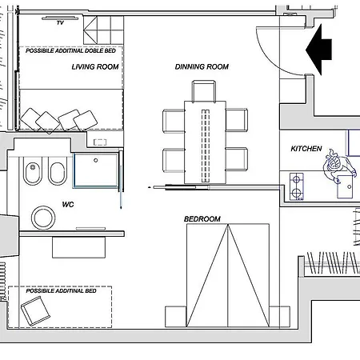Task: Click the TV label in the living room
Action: pyautogui.click(x=60, y=23)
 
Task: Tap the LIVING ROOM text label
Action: pyautogui.click(x=95, y=66)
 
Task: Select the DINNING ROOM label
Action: pyautogui.click(x=202, y=66)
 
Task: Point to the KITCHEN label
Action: pyautogui.click(x=306, y=149)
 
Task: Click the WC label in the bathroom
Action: pyautogui.click(x=68, y=205)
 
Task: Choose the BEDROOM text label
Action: pyautogui.click(x=202, y=219)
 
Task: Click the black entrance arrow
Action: pyautogui.click(x=318, y=50)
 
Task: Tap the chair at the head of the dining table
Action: pyautogui.click(x=204, y=91)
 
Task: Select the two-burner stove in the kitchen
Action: pyautogui.click(x=297, y=186)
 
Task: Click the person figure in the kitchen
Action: pyautogui.click(x=338, y=166)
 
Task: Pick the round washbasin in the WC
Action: pyautogui.click(x=43, y=218)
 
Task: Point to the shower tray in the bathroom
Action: pyautogui.click(x=96, y=170)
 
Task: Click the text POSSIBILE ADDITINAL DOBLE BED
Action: pyautogui.click(x=70, y=50)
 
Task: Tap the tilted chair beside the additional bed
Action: pyautogui.click(x=35, y=311)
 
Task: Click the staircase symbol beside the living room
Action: pyautogui.click(x=103, y=30)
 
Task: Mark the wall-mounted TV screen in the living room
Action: pyautogui.click(x=60, y=18)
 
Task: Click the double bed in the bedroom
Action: pyautogui.click(x=228, y=275)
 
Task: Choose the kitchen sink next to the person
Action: pyautogui.click(x=345, y=186)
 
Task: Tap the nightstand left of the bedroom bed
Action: pyautogui.click(x=175, y=317)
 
